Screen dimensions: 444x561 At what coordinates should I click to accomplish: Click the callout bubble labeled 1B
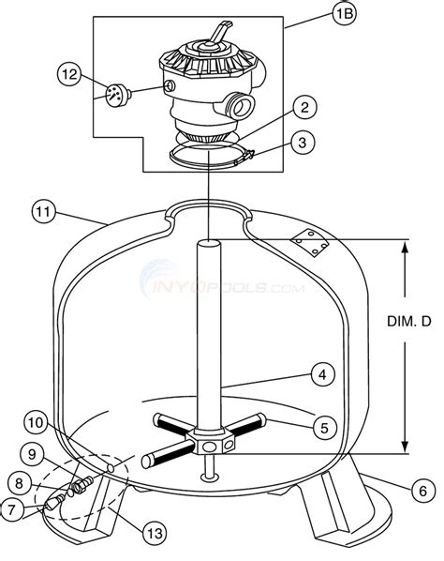[345, 13]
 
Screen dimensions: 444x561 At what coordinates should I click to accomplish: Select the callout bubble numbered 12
[69, 75]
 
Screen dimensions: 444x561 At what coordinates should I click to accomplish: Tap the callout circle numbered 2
[304, 107]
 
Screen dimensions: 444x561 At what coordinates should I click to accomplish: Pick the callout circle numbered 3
[303, 143]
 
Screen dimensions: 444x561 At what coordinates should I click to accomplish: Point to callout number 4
[322, 374]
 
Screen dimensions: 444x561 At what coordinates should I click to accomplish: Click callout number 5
[325, 427]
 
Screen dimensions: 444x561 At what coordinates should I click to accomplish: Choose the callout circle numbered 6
[423, 491]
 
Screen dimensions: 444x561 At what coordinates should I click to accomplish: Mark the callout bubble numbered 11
[44, 212]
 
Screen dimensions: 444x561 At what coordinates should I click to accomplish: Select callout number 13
[155, 534]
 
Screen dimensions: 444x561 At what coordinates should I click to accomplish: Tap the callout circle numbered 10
[37, 423]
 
